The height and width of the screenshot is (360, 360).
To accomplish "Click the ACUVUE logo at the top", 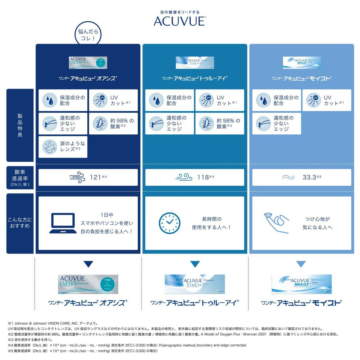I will pyautogui.click(x=179, y=21).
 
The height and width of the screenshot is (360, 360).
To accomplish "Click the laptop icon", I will pyautogui.click(x=62, y=223).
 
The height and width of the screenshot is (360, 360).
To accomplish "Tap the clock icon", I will pyautogui.click(x=169, y=223).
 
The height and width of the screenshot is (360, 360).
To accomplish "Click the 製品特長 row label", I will pyautogui.click(x=20, y=125).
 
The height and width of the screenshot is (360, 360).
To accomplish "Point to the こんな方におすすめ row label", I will pyautogui.click(x=20, y=223).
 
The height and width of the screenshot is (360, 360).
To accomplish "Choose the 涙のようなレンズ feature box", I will pyautogui.click(x=63, y=147).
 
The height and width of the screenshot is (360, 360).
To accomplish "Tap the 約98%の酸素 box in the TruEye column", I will pyautogui.click(x=220, y=123).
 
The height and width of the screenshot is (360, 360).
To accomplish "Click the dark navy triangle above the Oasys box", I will pyautogui.click(x=88, y=264).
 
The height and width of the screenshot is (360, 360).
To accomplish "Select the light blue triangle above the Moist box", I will pyautogui.click(x=301, y=264).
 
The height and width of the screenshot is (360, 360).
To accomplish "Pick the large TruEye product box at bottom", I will pyautogui.click(x=195, y=284).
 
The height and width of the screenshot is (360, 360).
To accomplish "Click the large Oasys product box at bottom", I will pyautogui.click(x=88, y=284).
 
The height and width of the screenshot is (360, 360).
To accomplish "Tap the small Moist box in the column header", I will pyautogui.click(x=302, y=62).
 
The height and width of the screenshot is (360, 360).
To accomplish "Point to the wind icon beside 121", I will pyautogui.click(x=77, y=177).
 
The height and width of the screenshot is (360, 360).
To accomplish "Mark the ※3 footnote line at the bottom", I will pyautogui.click(x=30, y=340).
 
